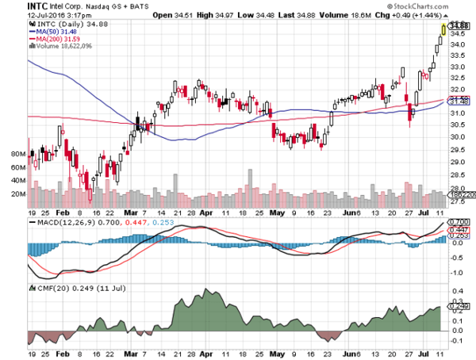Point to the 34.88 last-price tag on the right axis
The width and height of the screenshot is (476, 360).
tap(455, 26)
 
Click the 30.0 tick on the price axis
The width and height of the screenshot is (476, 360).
tap(455, 136)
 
